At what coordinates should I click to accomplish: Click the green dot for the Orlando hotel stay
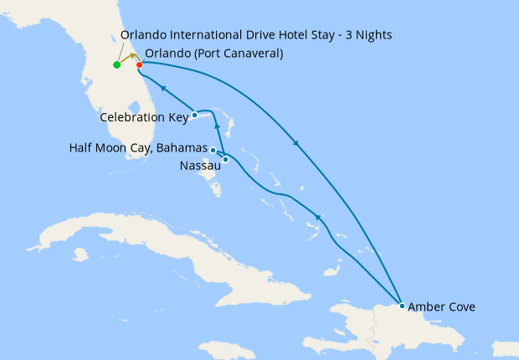pyautogui.click(x=116, y=65)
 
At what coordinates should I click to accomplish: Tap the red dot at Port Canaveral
pyautogui.click(x=139, y=65)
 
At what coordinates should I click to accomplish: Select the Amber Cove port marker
pyautogui.click(x=403, y=306)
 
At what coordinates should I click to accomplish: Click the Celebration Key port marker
pyautogui.click(x=194, y=115)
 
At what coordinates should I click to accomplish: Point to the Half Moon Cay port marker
pyautogui.click(x=213, y=150)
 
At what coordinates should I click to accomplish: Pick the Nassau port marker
pyautogui.click(x=226, y=159)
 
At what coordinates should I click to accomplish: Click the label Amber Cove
pyautogui.click(x=442, y=307)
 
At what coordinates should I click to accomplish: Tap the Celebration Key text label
pyautogui.click(x=144, y=117)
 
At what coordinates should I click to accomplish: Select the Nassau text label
pyautogui.click(x=200, y=166)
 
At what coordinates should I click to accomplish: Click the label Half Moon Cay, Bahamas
pyautogui.click(x=138, y=148)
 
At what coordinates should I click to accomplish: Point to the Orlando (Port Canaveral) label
pyautogui.click(x=213, y=54)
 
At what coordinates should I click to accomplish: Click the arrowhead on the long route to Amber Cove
pyautogui.click(x=295, y=143)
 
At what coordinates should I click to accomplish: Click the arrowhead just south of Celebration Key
pyautogui.click(x=217, y=126)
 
